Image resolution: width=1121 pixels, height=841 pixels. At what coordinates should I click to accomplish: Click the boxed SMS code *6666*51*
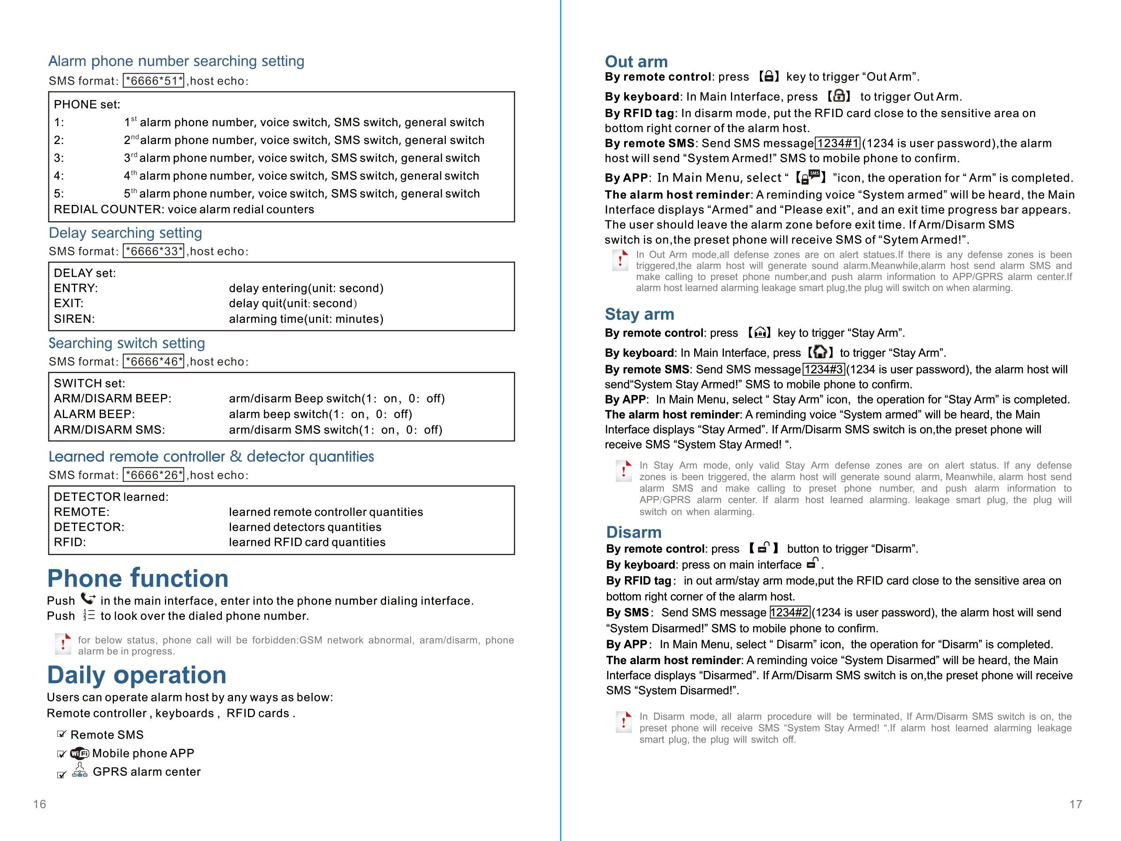(x=153, y=81)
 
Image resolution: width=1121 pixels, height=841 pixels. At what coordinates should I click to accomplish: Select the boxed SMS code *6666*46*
(x=153, y=362)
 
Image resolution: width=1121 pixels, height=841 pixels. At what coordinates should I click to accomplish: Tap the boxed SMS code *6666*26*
(x=153, y=475)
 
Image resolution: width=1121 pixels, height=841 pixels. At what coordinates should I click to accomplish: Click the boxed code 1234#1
(x=837, y=144)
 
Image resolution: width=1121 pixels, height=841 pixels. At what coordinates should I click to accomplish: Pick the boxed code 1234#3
(x=824, y=369)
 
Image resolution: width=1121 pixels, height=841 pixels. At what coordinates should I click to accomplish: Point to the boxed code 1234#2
(x=790, y=612)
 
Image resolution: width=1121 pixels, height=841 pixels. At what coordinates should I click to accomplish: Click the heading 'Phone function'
(x=138, y=578)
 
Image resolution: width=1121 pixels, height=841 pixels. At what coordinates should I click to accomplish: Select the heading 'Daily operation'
(x=137, y=675)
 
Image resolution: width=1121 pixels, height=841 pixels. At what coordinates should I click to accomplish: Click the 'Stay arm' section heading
(x=640, y=314)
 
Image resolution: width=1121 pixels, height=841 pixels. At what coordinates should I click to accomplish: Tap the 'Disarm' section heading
(x=634, y=532)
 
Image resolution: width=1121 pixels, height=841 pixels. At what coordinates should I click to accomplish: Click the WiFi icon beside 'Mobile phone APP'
(x=80, y=753)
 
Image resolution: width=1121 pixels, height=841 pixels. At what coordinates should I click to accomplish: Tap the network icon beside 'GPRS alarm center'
(x=80, y=771)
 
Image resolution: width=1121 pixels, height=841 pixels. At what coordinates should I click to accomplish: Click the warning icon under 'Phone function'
(x=63, y=644)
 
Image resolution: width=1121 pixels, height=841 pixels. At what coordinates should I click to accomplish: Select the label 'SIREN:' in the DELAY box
(x=74, y=319)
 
